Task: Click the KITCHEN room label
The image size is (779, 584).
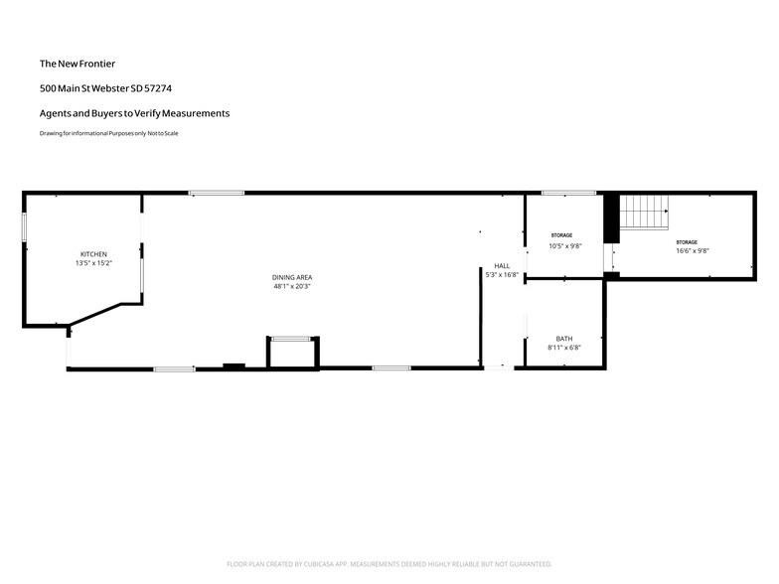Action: [x=93, y=254]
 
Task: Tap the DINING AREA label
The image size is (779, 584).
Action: [x=292, y=278]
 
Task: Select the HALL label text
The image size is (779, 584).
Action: [x=502, y=266]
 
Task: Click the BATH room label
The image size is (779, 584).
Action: [x=564, y=339]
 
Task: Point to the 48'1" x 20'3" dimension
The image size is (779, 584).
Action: [x=292, y=286]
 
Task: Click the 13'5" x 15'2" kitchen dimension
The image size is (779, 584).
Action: [x=93, y=263]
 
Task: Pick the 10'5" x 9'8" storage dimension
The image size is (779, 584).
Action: [x=564, y=246]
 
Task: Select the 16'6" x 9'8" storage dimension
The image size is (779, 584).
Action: [x=692, y=250]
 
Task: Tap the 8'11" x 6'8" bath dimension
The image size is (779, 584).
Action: [x=564, y=348]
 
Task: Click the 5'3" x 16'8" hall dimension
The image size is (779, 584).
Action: [x=502, y=274]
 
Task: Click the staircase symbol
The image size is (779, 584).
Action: [x=644, y=213]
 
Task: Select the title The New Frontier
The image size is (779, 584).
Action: [x=78, y=64]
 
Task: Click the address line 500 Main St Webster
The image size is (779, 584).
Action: [x=105, y=88]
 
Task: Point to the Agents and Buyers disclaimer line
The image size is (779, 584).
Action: [x=135, y=113]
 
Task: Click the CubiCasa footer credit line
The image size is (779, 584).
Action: [x=389, y=564]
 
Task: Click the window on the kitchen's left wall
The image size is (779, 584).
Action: [x=24, y=227]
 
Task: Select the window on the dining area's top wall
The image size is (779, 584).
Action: [x=217, y=193]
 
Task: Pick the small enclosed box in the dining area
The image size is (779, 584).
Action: [x=293, y=354]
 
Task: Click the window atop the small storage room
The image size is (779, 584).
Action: [x=568, y=193]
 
